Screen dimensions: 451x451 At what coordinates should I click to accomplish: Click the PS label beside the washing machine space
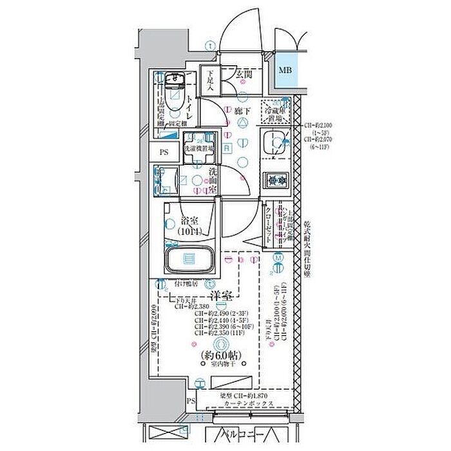coord(164,153)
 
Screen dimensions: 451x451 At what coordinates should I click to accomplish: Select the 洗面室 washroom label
coord(213,182)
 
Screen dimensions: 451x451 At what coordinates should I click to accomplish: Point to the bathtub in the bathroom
coord(190,259)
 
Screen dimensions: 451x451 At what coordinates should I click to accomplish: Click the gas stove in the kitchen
coord(277,180)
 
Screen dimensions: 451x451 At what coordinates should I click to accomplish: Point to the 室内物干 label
coord(221,365)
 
